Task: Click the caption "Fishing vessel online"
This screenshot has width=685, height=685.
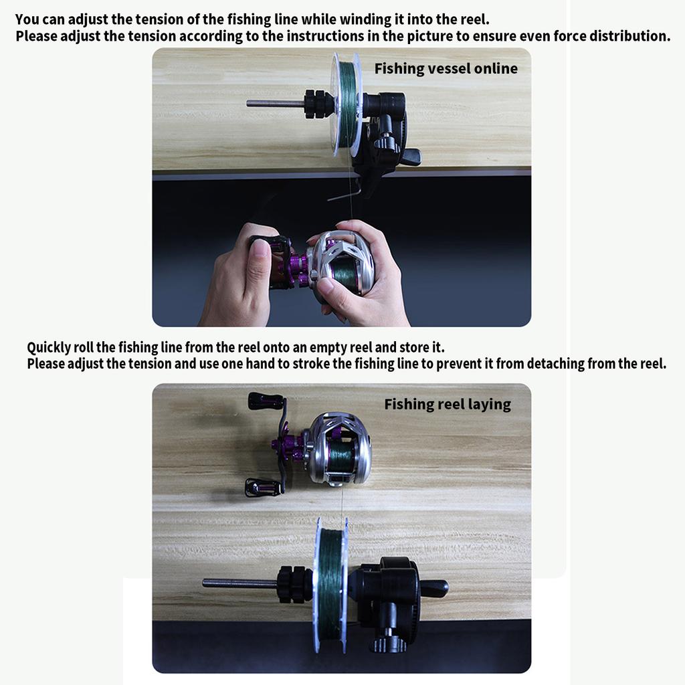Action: click(x=446, y=68)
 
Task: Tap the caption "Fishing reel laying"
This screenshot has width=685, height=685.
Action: click(x=447, y=404)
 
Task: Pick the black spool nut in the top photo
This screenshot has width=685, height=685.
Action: click(x=318, y=104)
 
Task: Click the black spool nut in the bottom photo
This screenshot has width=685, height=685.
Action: click(x=293, y=584)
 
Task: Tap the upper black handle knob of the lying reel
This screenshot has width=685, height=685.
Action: click(x=265, y=401)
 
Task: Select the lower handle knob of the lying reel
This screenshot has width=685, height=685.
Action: click(x=261, y=488)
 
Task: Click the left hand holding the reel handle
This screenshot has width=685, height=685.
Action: click(x=237, y=281)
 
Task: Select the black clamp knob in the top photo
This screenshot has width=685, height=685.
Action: click(x=387, y=142)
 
